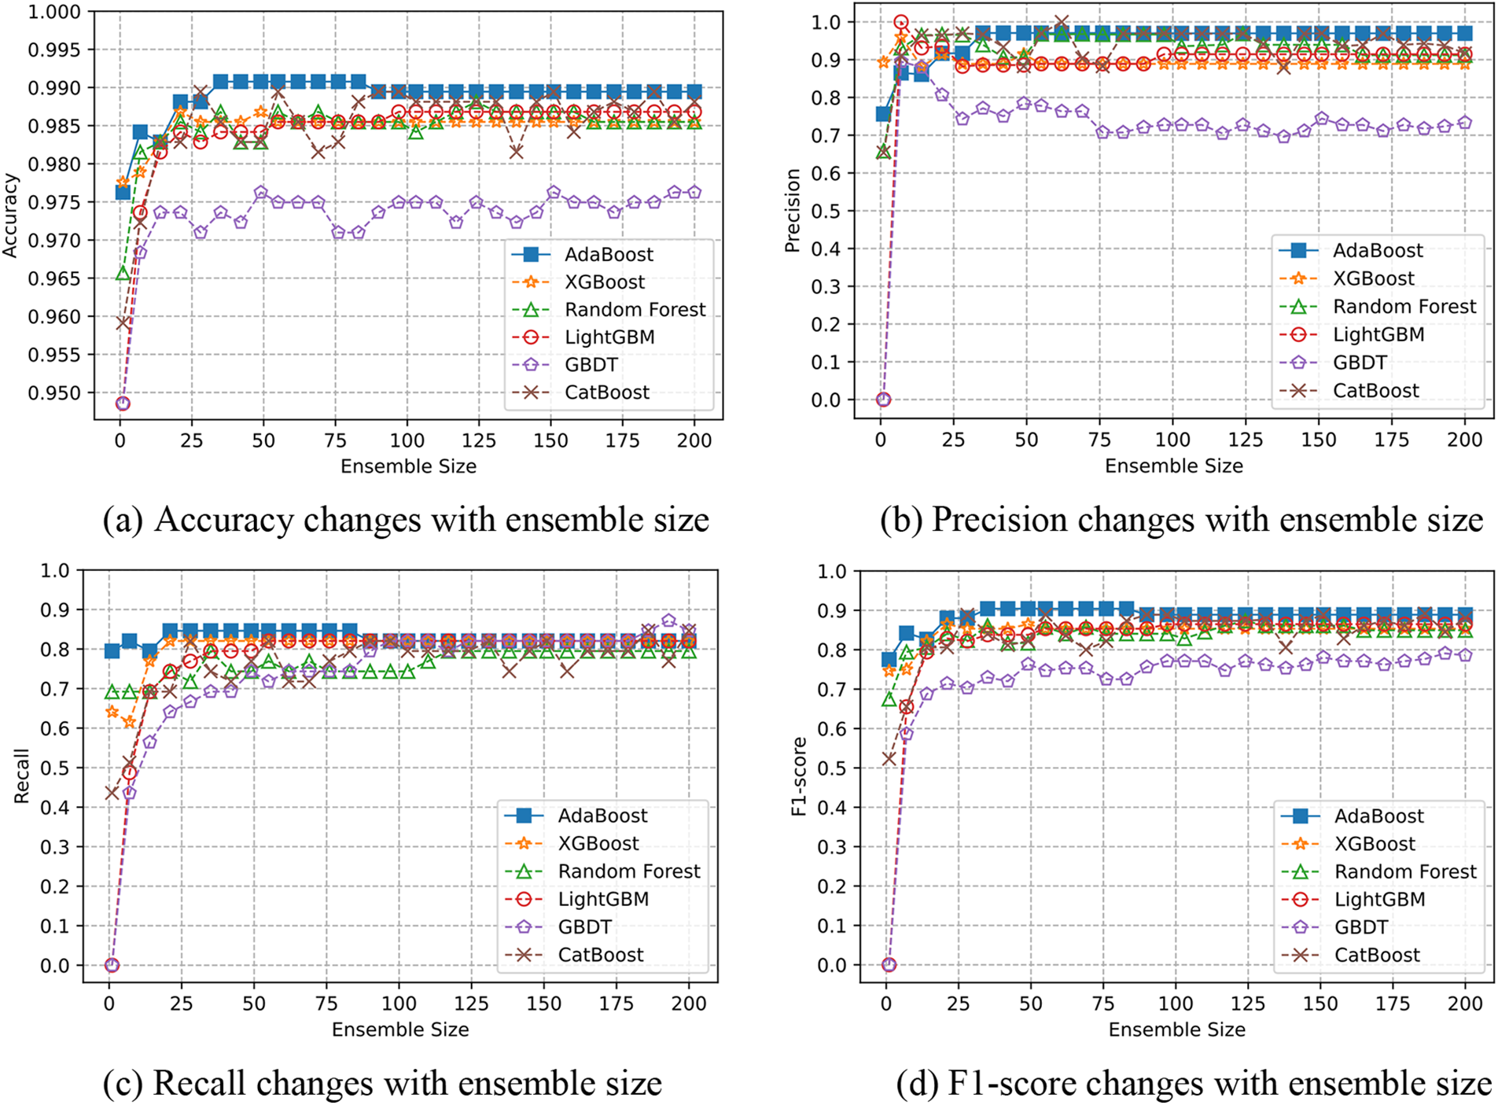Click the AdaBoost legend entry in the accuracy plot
(609, 254)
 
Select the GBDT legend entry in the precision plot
(1360, 363)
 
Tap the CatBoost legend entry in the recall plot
(601, 955)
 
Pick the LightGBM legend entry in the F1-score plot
(1379, 899)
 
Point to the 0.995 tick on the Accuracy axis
(54, 50)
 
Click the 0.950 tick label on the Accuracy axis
(54, 393)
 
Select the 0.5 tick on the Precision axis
(826, 211)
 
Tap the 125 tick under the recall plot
(472, 1004)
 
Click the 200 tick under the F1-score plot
(1465, 1004)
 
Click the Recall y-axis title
(21, 775)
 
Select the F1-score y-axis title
(799, 775)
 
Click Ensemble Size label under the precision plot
(1173, 466)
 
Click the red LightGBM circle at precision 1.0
(901, 22)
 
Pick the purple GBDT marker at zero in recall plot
(112, 965)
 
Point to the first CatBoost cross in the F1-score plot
(889, 758)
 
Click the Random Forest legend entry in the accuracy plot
(635, 309)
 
